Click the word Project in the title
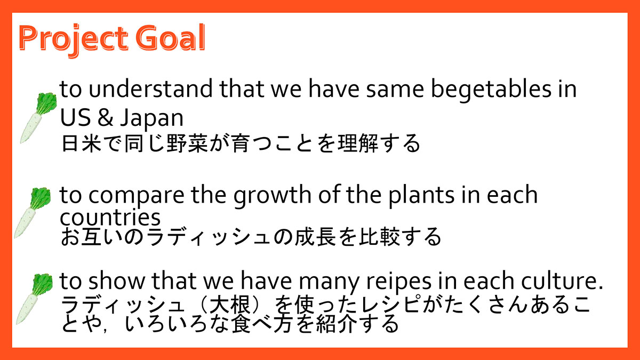click(x=74, y=39)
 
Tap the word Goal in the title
click(x=170, y=37)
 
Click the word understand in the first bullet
click(x=151, y=89)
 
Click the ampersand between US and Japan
click(x=106, y=117)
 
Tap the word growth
click(x=273, y=195)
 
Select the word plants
click(x=421, y=196)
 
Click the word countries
click(x=110, y=217)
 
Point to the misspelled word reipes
click(x=399, y=282)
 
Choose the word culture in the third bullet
click(x=559, y=281)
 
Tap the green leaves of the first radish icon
click(x=46, y=103)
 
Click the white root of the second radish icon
click(x=25, y=223)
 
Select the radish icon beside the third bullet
click(x=34, y=299)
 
